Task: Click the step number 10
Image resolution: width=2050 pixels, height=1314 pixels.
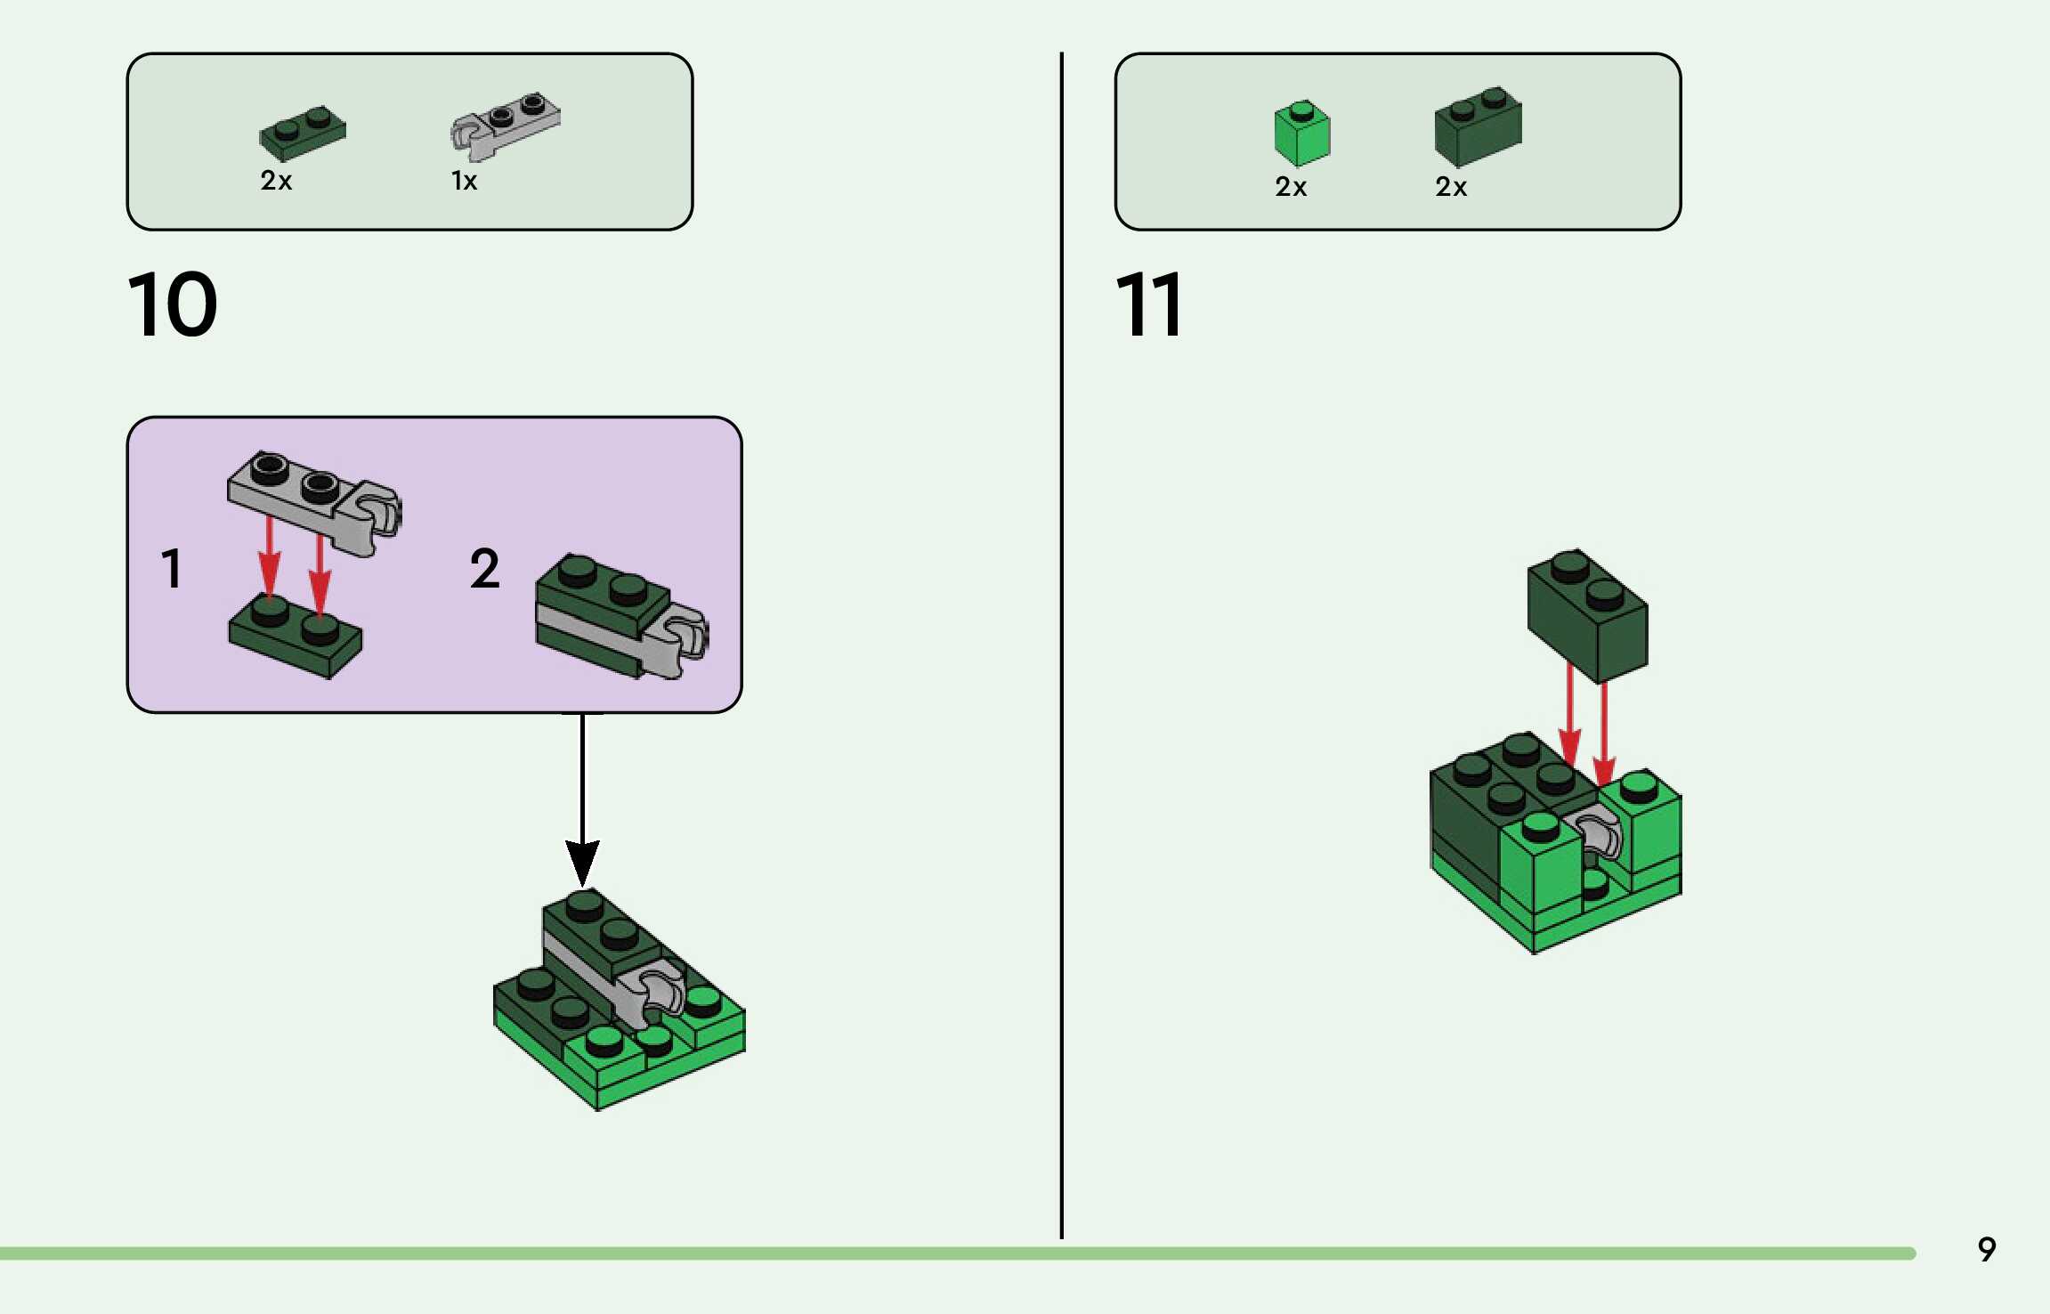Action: click(x=173, y=304)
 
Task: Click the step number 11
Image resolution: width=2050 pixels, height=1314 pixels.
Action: click(x=1148, y=304)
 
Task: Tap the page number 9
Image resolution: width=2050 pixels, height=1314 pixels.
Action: click(x=1987, y=1249)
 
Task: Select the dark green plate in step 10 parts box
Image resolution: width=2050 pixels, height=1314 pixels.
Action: click(x=303, y=134)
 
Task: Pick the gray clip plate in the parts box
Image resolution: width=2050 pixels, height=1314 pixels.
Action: click(x=505, y=126)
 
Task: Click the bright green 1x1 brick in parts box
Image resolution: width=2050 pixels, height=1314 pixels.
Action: click(x=1301, y=134)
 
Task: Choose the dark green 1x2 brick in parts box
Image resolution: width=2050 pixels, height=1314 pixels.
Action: click(x=1478, y=126)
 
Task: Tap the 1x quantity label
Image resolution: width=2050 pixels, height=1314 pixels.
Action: click(x=464, y=182)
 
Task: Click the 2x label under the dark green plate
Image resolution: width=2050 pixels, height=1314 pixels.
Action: click(x=276, y=182)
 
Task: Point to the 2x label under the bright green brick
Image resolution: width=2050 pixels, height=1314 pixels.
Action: click(x=1291, y=187)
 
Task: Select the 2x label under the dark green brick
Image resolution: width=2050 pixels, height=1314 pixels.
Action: click(x=1451, y=187)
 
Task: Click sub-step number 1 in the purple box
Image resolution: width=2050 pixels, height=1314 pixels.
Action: click(x=172, y=568)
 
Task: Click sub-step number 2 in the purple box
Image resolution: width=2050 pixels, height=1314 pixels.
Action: click(x=485, y=568)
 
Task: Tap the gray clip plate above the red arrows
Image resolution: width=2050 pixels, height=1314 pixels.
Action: click(x=314, y=502)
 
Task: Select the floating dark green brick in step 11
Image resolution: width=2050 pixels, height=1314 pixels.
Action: click(x=1587, y=616)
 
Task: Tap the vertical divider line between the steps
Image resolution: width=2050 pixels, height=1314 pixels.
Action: click(x=1061, y=645)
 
